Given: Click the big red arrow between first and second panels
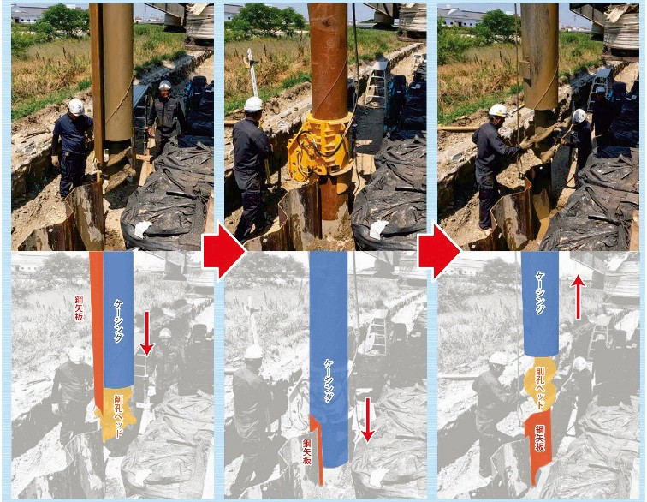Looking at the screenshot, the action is click(x=223, y=251).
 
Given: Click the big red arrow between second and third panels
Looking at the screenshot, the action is click(x=438, y=251).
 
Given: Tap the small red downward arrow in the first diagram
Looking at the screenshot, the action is click(x=146, y=333).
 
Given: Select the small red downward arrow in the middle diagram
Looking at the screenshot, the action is click(x=367, y=421).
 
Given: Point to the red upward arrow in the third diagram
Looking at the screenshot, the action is click(x=578, y=297).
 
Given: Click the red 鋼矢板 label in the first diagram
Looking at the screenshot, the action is click(x=79, y=308).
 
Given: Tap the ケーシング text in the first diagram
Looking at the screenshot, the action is click(x=118, y=321).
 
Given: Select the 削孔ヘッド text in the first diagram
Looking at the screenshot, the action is click(x=118, y=415).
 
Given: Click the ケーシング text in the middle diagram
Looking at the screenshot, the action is click(x=329, y=381).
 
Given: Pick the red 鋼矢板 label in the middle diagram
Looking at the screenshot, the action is click(x=306, y=451).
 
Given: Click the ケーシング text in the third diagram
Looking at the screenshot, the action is click(x=541, y=293).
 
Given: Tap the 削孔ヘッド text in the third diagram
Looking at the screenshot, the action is click(x=540, y=388).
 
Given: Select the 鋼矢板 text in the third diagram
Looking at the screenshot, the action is click(x=540, y=438).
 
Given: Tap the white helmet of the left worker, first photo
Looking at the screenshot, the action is click(x=76, y=106).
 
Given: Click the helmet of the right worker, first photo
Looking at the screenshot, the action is click(x=165, y=85).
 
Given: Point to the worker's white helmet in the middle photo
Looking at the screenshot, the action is click(x=253, y=104).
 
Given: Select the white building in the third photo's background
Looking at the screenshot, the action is click(x=461, y=16).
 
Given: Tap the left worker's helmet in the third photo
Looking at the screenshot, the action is click(x=498, y=111).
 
